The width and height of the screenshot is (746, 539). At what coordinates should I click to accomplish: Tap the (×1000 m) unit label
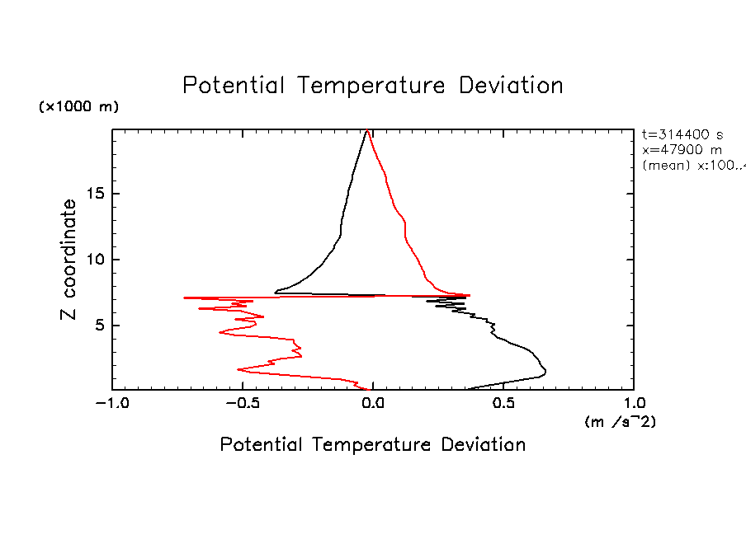(x=79, y=107)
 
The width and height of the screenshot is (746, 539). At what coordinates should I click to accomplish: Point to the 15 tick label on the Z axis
(x=97, y=194)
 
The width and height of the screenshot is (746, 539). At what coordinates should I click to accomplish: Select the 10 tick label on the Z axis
(x=97, y=260)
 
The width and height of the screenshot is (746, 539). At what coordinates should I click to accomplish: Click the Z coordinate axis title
(x=69, y=260)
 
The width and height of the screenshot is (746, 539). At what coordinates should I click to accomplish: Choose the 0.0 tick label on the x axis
(x=373, y=404)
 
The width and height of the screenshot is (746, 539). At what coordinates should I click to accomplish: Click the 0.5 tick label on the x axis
(x=503, y=404)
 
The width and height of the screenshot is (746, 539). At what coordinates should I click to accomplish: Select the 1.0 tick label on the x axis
(x=634, y=404)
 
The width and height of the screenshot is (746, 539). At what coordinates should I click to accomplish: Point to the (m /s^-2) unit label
(x=620, y=422)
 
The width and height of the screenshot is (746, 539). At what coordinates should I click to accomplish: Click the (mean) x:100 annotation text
(x=693, y=165)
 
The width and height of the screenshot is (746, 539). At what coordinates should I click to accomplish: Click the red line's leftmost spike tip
(x=184, y=297)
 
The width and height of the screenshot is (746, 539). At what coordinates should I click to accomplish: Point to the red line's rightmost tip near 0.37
(x=470, y=295)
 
